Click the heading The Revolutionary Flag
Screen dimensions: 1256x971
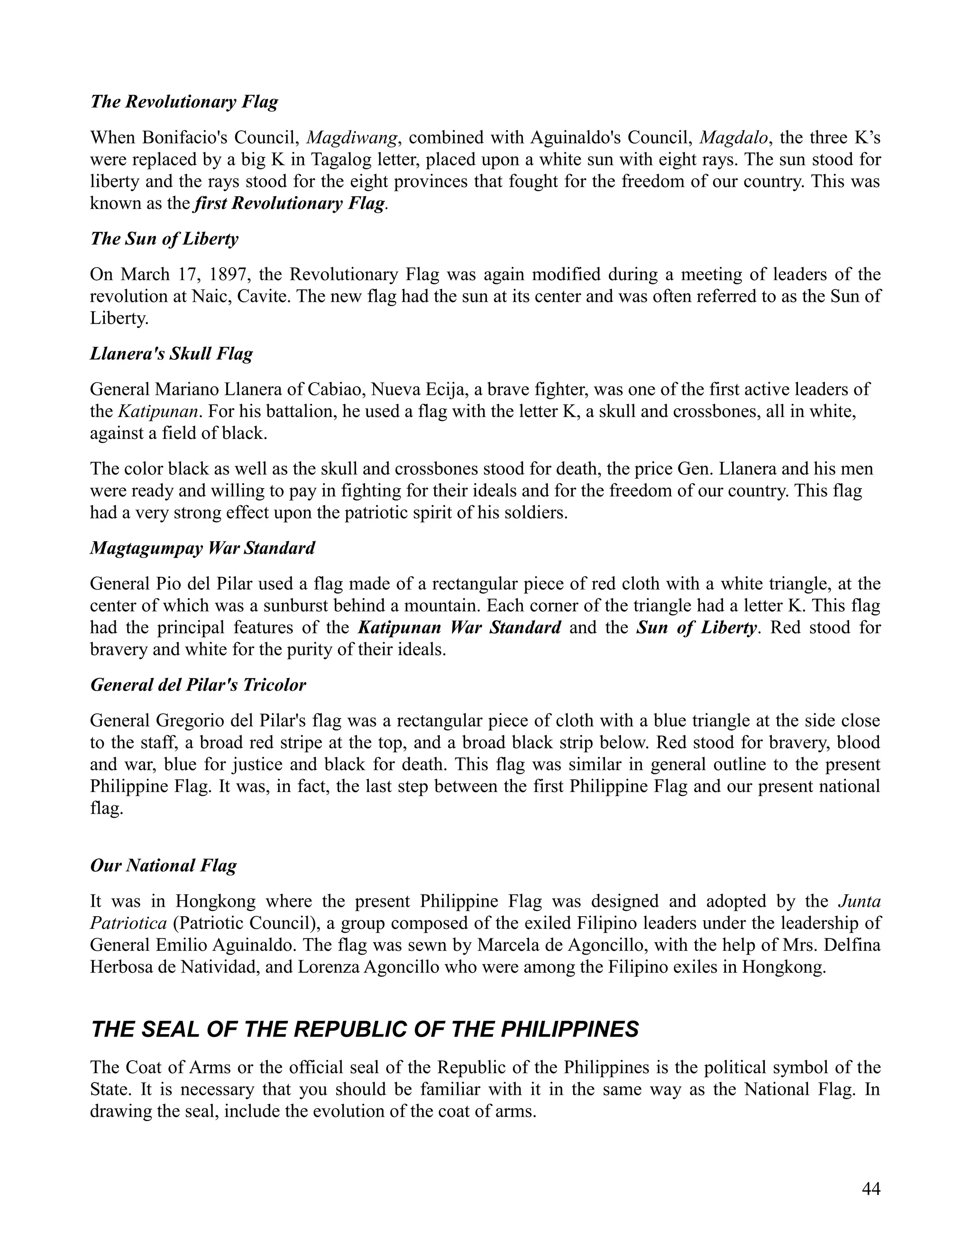pyautogui.click(x=184, y=102)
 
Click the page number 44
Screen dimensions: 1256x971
pyautogui.click(x=871, y=1189)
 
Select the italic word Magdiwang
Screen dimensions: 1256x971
pyautogui.click(x=352, y=138)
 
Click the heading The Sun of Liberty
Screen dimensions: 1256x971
pyautogui.click(x=164, y=239)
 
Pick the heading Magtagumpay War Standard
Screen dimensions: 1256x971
pyautogui.click(x=202, y=548)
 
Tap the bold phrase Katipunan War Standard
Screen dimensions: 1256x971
pyautogui.click(x=459, y=628)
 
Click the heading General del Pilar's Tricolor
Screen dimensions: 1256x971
pyautogui.click(x=198, y=685)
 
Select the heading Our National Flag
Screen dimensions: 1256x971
pyautogui.click(x=164, y=865)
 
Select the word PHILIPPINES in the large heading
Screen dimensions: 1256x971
pyautogui.click(x=569, y=1030)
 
